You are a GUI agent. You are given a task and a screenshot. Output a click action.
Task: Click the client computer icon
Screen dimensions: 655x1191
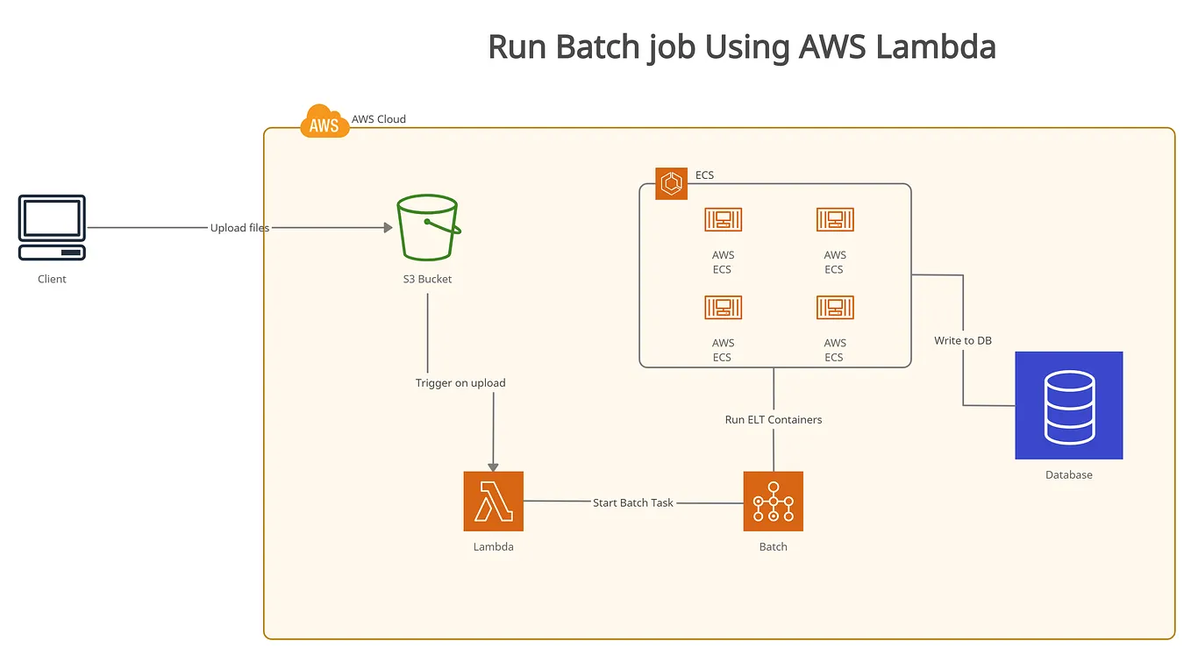click(x=52, y=228)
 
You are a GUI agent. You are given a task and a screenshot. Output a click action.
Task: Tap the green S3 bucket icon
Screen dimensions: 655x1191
click(x=427, y=228)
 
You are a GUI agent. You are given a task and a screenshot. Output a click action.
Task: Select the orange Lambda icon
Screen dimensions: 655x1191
click(x=493, y=502)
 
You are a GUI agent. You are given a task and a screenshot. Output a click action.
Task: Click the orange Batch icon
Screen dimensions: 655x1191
click(x=773, y=502)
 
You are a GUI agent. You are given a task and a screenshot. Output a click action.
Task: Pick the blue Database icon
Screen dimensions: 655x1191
click(x=1068, y=405)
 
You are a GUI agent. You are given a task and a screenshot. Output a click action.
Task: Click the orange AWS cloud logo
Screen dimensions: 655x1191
click(x=324, y=123)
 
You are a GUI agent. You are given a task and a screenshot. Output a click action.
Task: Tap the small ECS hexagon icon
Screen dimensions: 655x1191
click(x=671, y=183)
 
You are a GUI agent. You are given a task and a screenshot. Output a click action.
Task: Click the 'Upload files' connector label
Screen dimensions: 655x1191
click(x=239, y=228)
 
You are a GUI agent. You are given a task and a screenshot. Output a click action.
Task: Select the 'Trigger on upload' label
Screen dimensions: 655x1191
click(x=460, y=383)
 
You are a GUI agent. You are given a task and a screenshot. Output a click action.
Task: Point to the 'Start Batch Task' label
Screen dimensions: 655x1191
click(x=632, y=503)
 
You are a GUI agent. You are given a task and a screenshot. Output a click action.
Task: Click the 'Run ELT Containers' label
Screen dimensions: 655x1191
click(x=773, y=420)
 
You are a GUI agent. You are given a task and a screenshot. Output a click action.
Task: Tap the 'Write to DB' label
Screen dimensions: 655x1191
click(x=962, y=340)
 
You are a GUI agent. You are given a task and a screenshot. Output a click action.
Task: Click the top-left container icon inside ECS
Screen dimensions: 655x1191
click(x=723, y=220)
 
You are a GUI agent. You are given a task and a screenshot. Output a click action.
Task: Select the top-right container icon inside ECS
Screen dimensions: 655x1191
click(x=834, y=220)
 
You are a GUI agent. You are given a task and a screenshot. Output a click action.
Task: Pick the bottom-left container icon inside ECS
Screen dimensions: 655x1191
click(x=723, y=308)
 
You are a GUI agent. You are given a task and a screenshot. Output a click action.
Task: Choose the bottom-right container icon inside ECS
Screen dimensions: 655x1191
click(x=834, y=308)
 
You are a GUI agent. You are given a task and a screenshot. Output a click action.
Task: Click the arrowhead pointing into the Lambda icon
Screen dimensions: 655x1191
click(x=493, y=466)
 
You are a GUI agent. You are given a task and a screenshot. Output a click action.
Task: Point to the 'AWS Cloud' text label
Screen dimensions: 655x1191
click(x=378, y=119)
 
